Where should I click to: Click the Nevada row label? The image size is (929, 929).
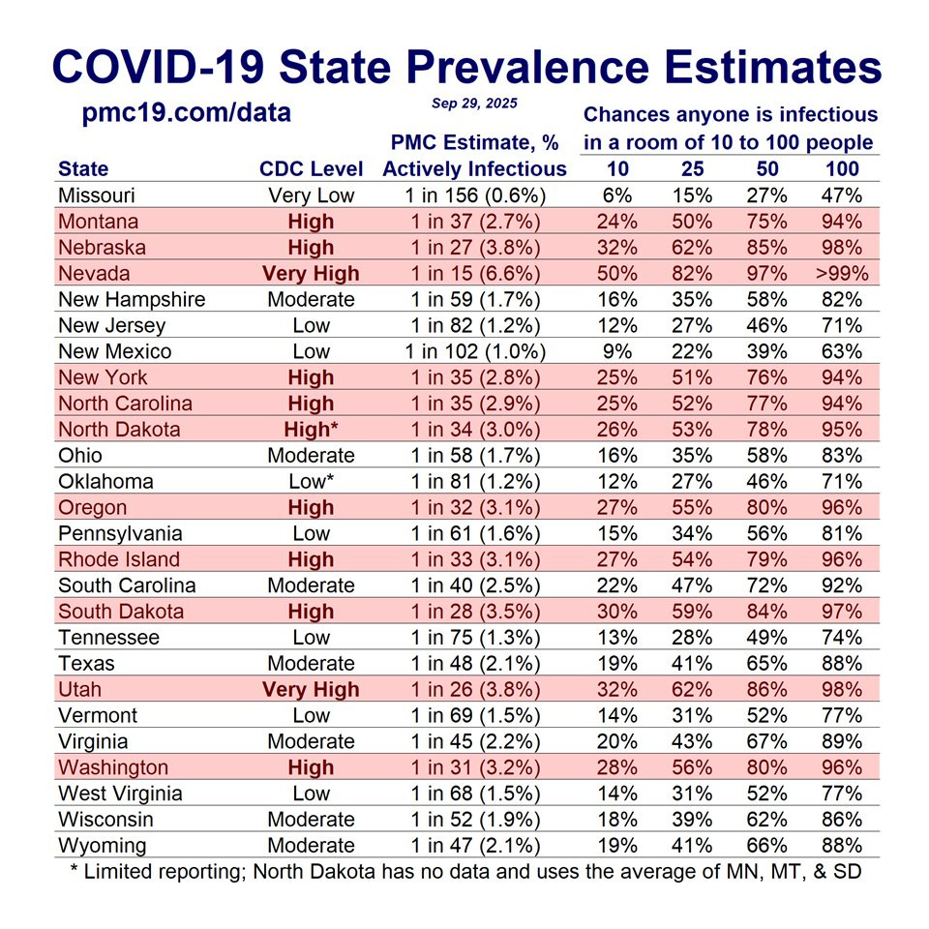pyautogui.click(x=94, y=274)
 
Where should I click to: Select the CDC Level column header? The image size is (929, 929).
pyautogui.click(x=311, y=169)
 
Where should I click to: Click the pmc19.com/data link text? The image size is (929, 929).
pyautogui.click(x=187, y=113)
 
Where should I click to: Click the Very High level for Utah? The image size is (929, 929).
pyautogui.click(x=311, y=690)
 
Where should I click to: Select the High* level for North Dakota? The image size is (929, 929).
pyautogui.click(x=311, y=430)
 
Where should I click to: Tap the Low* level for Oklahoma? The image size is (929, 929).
pyautogui.click(x=311, y=482)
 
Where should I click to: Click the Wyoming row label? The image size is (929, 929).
pyautogui.click(x=103, y=846)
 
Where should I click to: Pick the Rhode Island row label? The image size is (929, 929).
pyautogui.click(x=119, y=559)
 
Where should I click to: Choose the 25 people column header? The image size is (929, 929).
pyautogui.click(x=692, y=169)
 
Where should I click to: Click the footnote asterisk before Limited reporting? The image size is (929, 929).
pyautogui.click(x=75, y=870)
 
